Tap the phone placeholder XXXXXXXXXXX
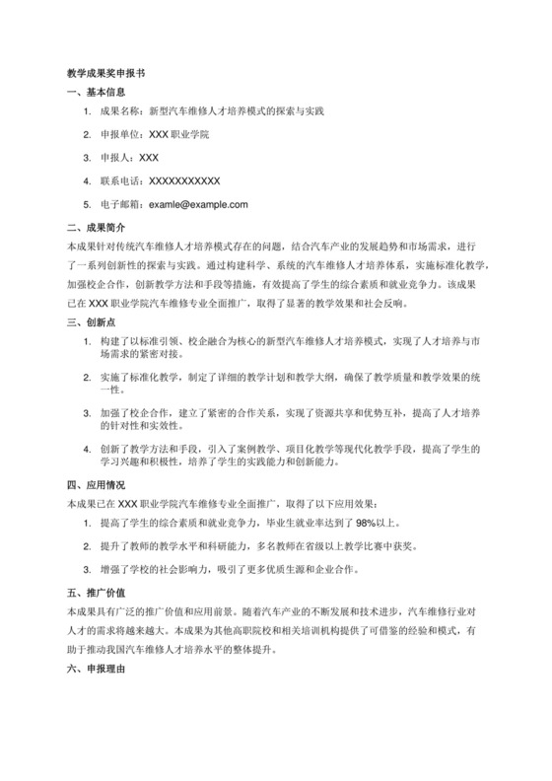tap(182, 181)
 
